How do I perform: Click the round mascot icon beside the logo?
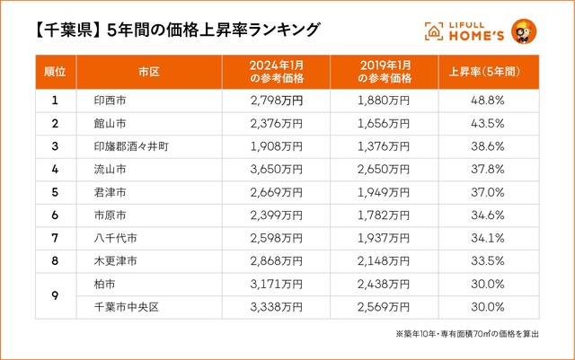point(523,31)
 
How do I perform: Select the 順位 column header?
point(56,71)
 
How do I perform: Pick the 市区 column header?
point(149,71)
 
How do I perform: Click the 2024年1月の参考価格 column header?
point(275,71)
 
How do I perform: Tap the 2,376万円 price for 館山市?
point(276,124)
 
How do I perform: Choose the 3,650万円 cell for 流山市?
point(276,169)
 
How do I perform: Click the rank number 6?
point(56,214)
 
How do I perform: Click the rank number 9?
point(56,294)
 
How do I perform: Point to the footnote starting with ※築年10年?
point(466,335)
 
